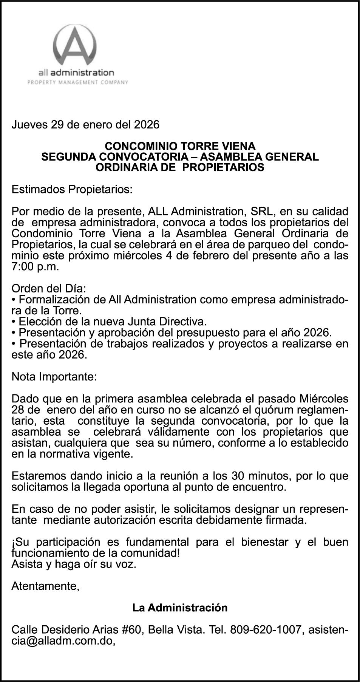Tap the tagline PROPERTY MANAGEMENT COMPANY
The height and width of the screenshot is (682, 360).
[78, 82]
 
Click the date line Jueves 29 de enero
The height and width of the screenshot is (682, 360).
[85, 124]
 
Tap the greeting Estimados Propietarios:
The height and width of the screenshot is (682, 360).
[72, 189]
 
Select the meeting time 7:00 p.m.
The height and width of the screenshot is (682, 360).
[36, 266]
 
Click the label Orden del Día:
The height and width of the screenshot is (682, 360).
[49, 289]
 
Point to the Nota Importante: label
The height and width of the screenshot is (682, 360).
[54, 377]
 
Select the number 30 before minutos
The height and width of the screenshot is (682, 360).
[239, 476]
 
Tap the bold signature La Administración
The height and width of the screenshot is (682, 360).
[180, 608]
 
